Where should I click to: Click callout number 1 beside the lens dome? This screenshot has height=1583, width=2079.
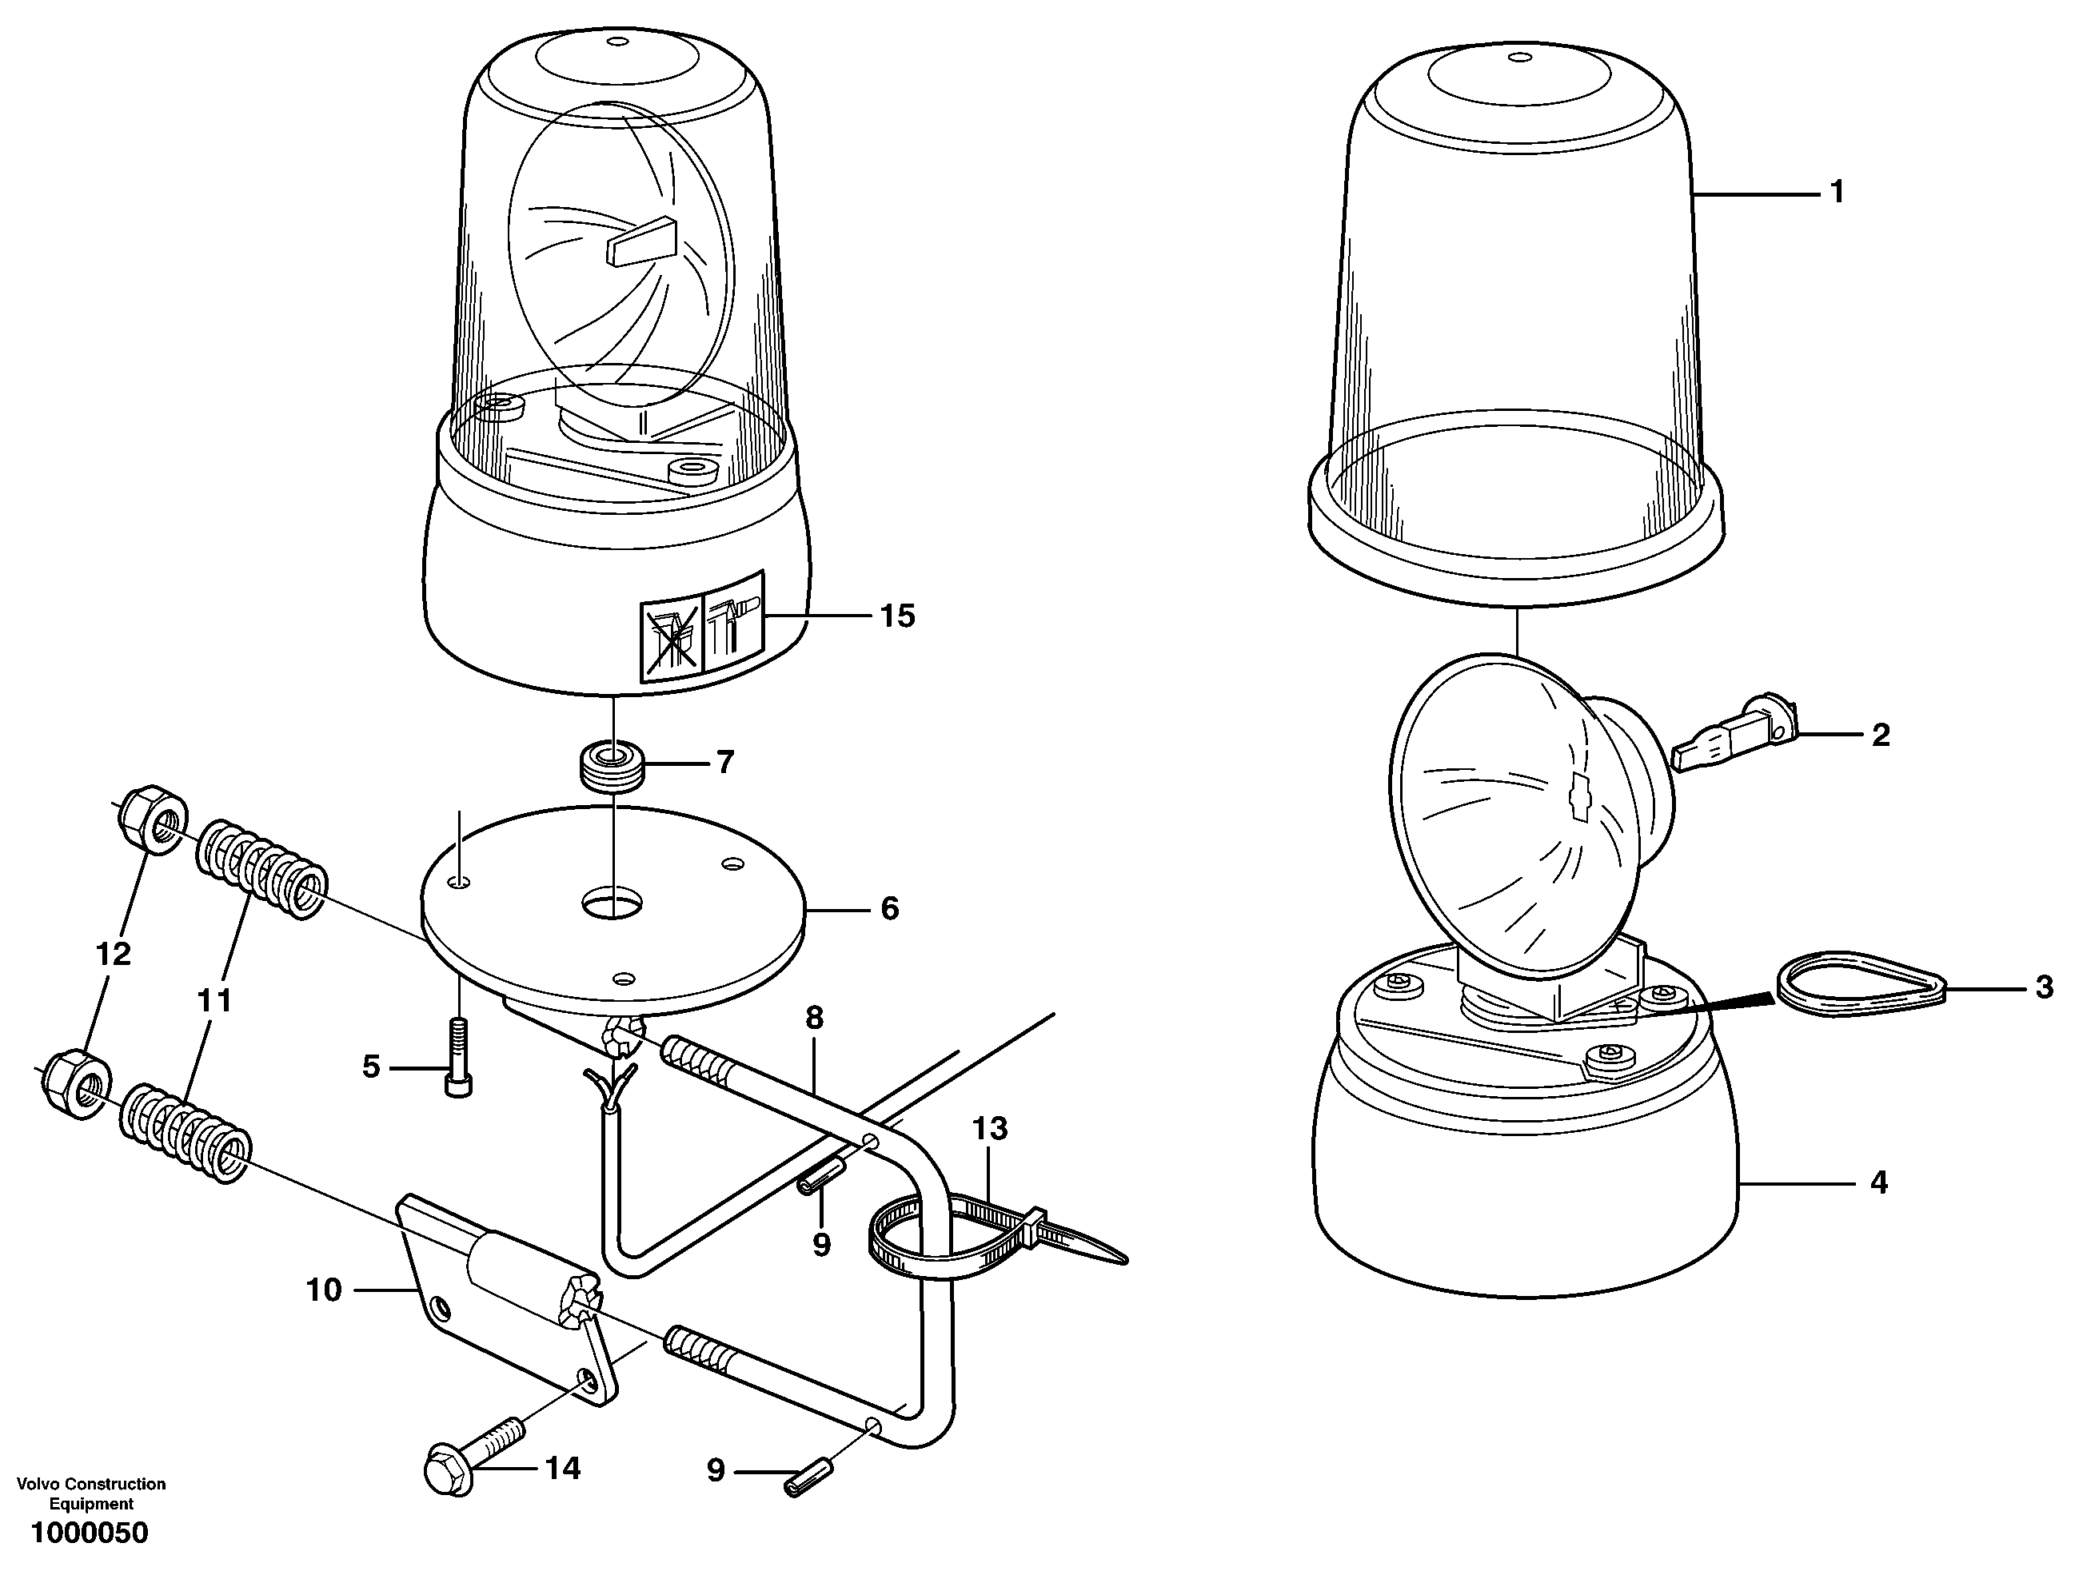click(1836, 193)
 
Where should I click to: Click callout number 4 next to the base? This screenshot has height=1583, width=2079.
click(1878, 1182)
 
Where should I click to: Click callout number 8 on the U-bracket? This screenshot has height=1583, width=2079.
click(814, 1018)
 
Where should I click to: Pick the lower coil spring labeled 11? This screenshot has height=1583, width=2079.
click(186, 1134)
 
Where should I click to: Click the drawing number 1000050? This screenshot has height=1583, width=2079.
click(90, 1533)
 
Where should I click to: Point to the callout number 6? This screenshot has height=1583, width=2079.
click(890, 908)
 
